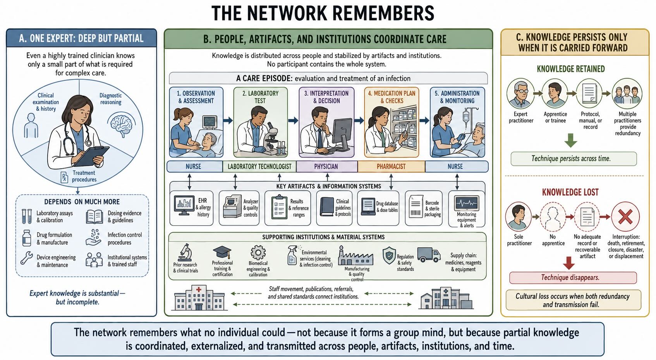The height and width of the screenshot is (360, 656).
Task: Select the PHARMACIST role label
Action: point(391,167)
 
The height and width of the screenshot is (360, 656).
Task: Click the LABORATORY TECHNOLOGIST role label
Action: point(259,167)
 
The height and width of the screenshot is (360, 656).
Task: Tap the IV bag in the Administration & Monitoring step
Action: point(465,117)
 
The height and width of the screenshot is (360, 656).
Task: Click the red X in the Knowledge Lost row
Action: point(625,217)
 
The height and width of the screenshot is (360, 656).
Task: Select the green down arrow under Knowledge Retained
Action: point(571,140)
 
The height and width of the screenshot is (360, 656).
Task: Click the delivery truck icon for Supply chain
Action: point(429,255)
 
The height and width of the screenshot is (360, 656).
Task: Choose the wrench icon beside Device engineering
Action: point(27,258)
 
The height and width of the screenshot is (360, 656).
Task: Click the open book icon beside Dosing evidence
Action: point(94,217)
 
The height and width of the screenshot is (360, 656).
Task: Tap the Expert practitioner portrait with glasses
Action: point(520,93)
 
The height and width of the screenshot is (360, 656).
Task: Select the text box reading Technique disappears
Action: point(573,277)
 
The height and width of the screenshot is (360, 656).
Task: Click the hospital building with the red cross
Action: point(199,298)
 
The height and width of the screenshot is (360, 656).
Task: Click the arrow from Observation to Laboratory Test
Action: point(228,120)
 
